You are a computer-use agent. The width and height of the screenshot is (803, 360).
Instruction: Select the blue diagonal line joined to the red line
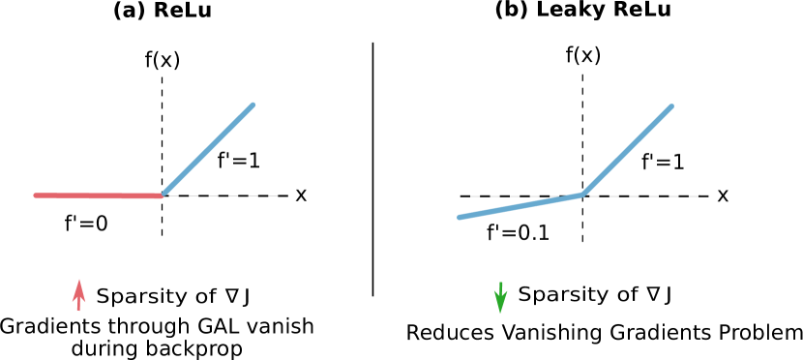click(208, 149)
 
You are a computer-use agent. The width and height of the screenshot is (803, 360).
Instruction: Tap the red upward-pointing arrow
click(79, 295)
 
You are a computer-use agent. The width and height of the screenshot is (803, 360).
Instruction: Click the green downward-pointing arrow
click(500, 297)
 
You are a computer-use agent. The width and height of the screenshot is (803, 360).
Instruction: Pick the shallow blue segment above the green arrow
click(520, 206)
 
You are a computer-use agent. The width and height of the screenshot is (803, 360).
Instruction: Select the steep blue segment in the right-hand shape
click(627, 150)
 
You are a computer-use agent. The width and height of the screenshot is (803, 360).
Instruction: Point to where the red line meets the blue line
click(163, 195)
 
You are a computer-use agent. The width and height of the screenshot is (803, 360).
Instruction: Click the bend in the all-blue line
click(581, 195)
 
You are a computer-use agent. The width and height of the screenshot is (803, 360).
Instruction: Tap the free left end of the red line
click(36, 195)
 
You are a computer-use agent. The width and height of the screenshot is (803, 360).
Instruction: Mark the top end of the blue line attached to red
click(253, 104)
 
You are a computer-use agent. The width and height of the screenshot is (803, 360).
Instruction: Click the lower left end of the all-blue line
click(459, 218)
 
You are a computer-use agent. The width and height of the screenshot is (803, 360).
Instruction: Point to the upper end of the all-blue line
click(672, 105)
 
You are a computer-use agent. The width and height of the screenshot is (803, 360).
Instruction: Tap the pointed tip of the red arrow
click(79, 281)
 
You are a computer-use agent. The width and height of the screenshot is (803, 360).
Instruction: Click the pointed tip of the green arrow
click(500, 313)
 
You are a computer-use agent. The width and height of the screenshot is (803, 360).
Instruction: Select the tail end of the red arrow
click(79, 310)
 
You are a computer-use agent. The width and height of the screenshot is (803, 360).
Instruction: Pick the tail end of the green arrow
click(500, 282)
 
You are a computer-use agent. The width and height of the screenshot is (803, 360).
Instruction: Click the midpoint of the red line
click(99, 195)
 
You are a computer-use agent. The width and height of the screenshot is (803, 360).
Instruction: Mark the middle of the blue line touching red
click(208, 149)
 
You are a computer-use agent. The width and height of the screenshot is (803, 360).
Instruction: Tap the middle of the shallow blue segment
click(520, 206)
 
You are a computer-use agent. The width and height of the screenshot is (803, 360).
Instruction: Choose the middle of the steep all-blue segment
click(627, 150)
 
